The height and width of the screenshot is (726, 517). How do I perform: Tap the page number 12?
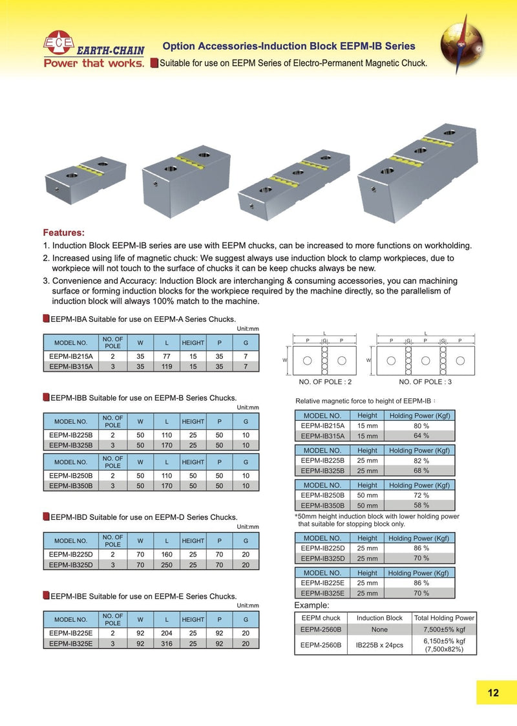click(493, 693)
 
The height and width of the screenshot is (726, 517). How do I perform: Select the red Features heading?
click(63, 232)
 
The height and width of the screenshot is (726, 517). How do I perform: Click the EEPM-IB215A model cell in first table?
click(71, 356)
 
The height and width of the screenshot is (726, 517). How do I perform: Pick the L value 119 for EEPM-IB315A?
click(167, 366)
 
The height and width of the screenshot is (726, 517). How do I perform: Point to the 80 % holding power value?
click(421, 426)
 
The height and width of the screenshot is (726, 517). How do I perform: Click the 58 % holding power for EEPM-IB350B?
click(421, 505)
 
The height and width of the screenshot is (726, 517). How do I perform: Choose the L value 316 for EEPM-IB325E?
click(167, 644)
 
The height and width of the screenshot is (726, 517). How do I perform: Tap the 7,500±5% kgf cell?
click(444, 628)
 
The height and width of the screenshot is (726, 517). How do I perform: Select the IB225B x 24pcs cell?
click(379, 645)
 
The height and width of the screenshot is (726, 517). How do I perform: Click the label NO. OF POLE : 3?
click(425, 382)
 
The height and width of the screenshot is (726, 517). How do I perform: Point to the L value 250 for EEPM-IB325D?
click(167, 565)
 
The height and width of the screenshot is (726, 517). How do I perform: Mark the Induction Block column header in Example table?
click(379, 618)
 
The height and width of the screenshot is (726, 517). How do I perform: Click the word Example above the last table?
click(311, 606)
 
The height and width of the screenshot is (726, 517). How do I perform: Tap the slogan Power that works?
click(94, 63)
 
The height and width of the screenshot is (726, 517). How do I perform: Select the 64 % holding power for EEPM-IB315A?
click(421, 436)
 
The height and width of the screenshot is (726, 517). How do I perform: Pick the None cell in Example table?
click(379, 628)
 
